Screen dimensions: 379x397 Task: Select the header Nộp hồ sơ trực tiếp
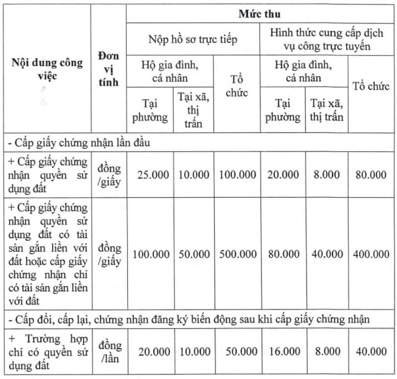click(x=194, y=38)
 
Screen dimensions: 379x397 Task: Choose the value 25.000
click(x=150, y=175)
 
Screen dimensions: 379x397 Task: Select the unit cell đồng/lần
click(x=109, y=352)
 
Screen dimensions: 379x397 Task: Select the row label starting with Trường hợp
click(x=47, y=352)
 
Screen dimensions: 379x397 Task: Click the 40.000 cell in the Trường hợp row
click(x=370, y=352)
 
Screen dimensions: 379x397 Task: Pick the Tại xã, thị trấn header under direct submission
click(x=194, y=109)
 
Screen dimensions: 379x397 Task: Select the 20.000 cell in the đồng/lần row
click(x=150, y=352)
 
